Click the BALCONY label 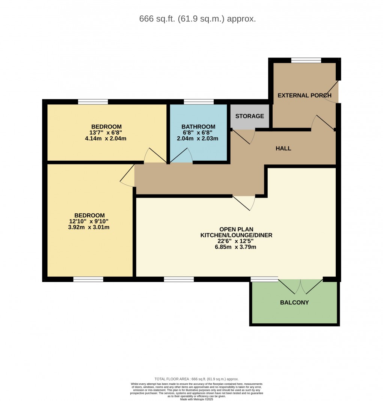pyautogui.click(x=294, y=302)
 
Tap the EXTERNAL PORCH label pyautogui.click(x=304, y=95)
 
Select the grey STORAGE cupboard pyautogui.click(x=250, y=116)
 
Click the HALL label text pyautogui.click(x=283, y=148)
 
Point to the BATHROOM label pyautogui.click(x=198, y=127)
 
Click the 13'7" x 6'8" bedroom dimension pyautogui.click(x=107, y=133)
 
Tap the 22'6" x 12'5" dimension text pyautogui.click(x=236, y=241)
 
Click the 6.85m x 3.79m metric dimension pyautogui.click(x=236, y=247)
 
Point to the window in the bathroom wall pyautogui.click(x=199, y=101)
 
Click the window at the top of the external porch pyautogui.click(x=306, y=60)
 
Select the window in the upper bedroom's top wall pyautogui.click(x=93, y=101)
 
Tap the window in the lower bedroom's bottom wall pyautogui.click(x=88, y=279)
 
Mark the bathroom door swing pyautogui.click(x=181, y=156)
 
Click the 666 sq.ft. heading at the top pyautogui.click(x=198, y=19)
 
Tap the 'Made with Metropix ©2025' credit pyautogui.click(x=196, y=399)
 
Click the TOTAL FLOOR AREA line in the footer pyautogui.click(x=196, y=379)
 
